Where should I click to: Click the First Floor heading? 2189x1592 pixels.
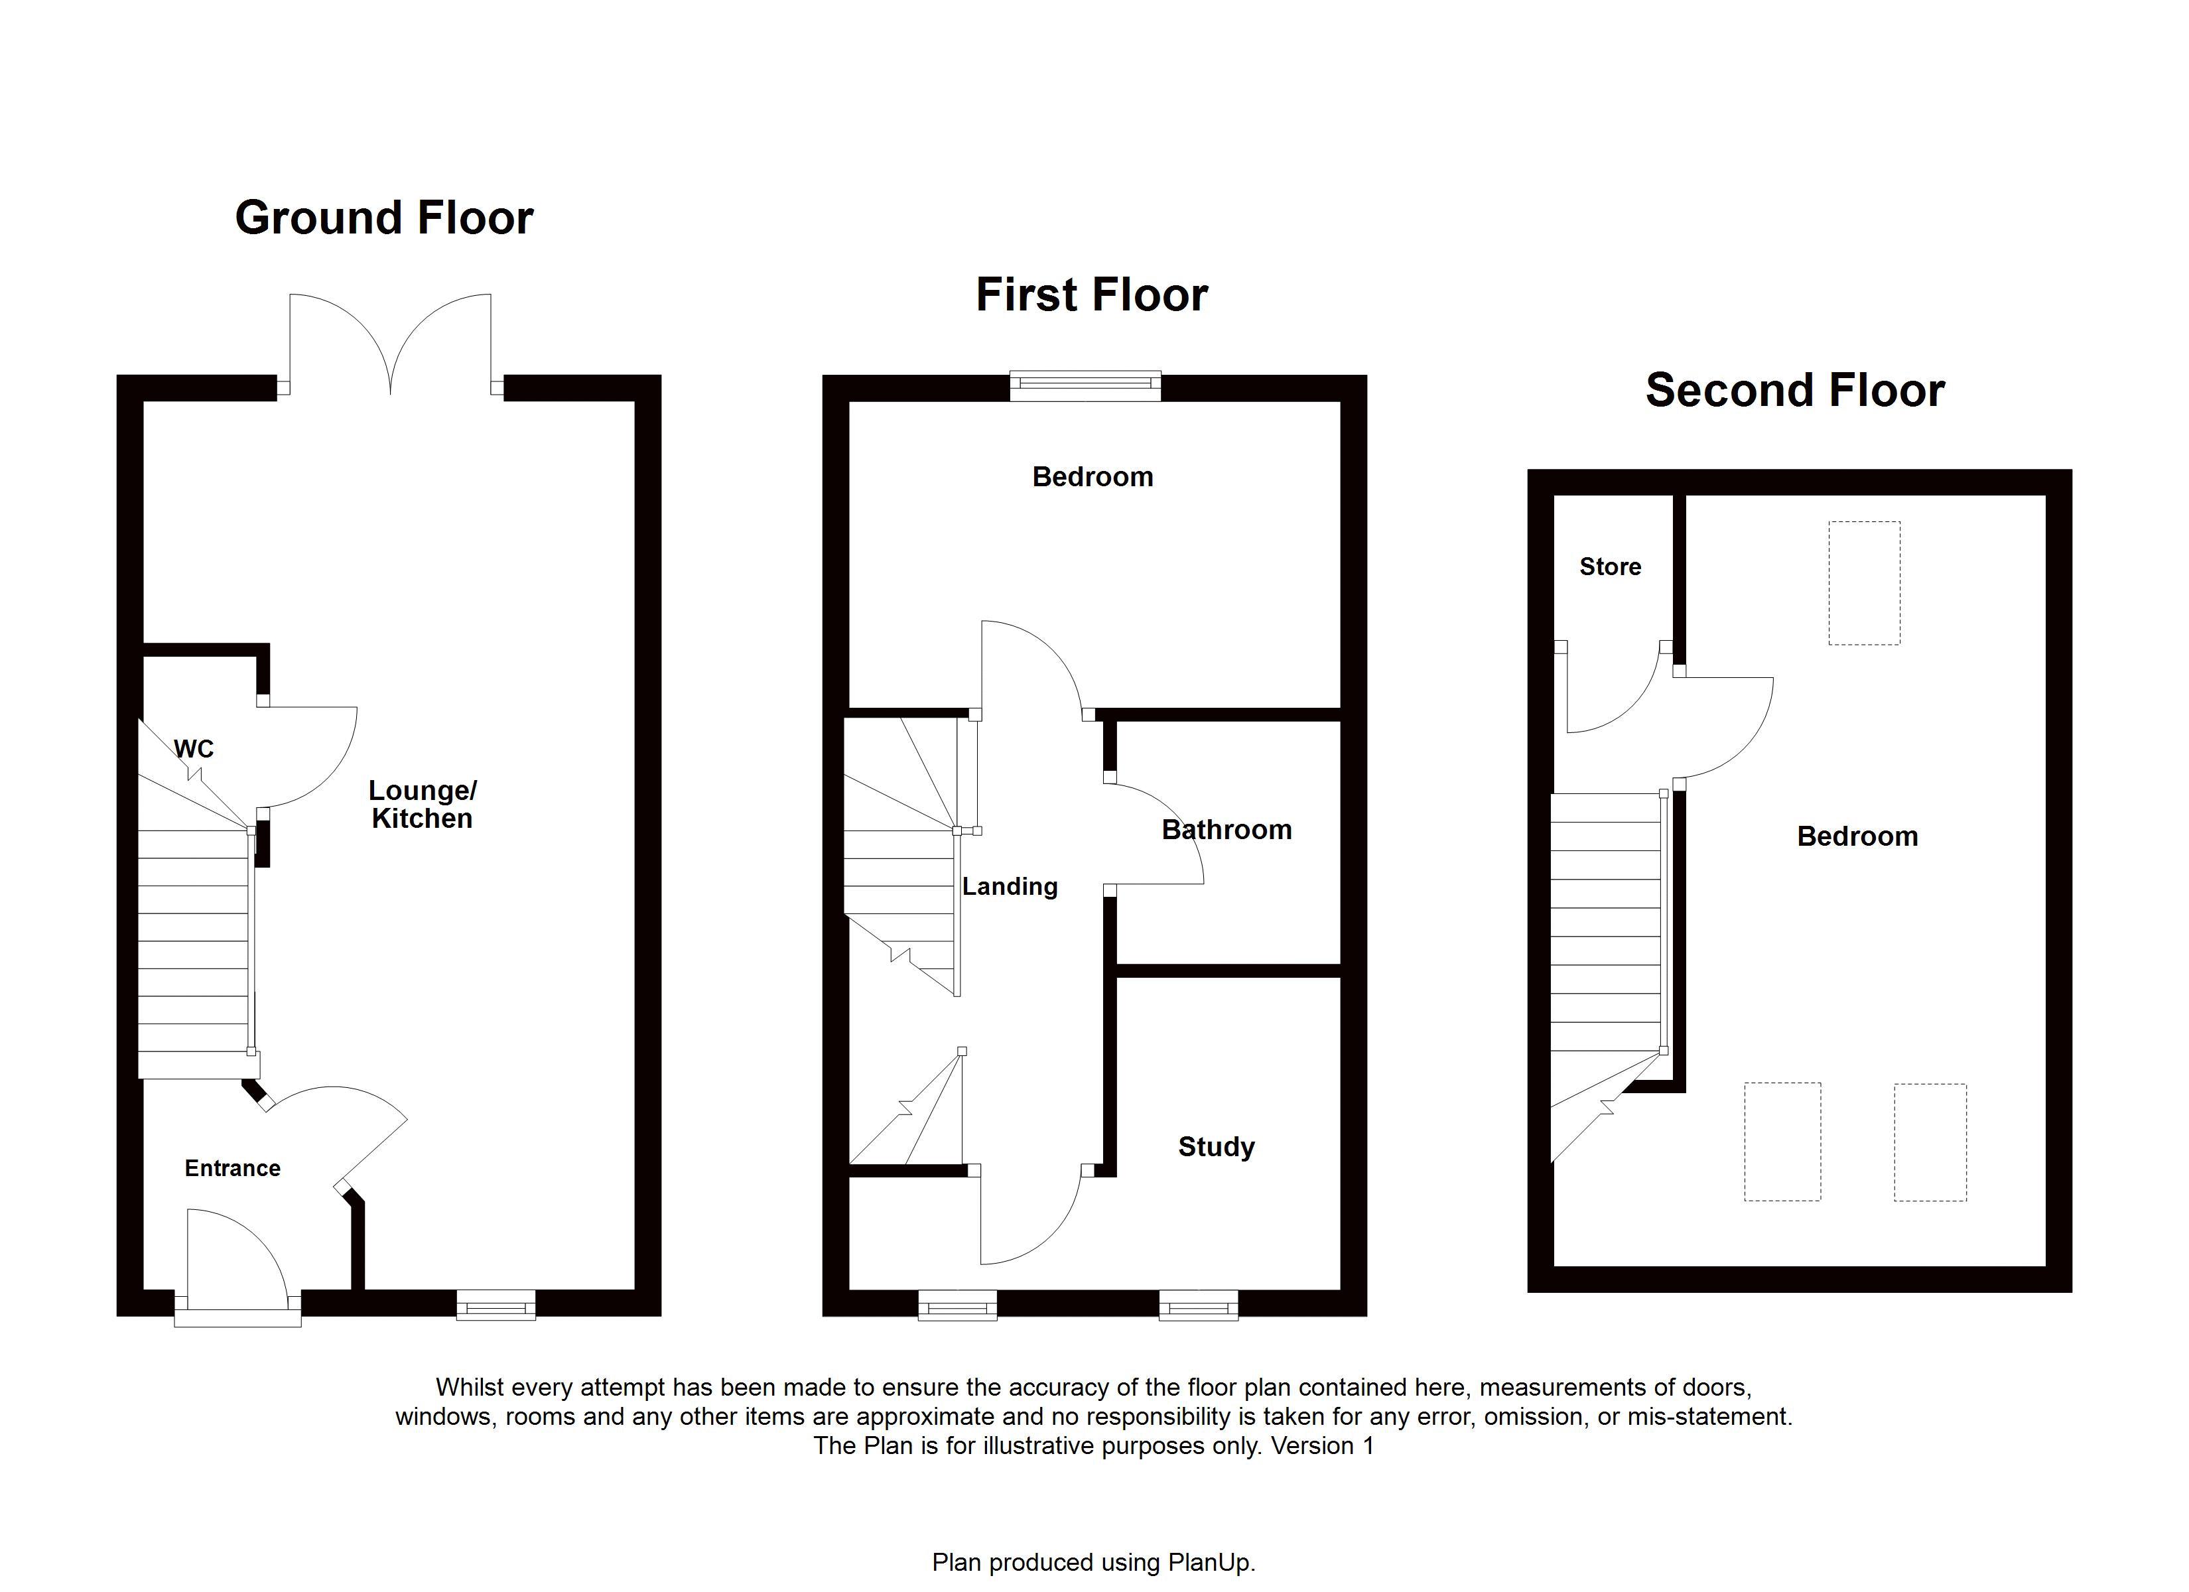(1092, 295)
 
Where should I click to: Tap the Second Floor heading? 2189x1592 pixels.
(1795, 391)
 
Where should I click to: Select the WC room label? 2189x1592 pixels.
(194, 748)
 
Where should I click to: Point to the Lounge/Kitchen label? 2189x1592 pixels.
(423, 804)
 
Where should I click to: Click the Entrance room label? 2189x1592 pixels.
(233, 1168)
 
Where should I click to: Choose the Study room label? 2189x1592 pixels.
(1216, 1147)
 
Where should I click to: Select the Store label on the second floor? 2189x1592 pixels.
(1610, 566)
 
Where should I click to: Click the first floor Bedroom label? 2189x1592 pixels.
(1093, 477)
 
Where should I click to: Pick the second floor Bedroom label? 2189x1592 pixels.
(1857, 836)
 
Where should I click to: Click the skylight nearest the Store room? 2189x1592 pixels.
(1864, 583)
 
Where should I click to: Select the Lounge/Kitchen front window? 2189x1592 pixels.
(496, 1304)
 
